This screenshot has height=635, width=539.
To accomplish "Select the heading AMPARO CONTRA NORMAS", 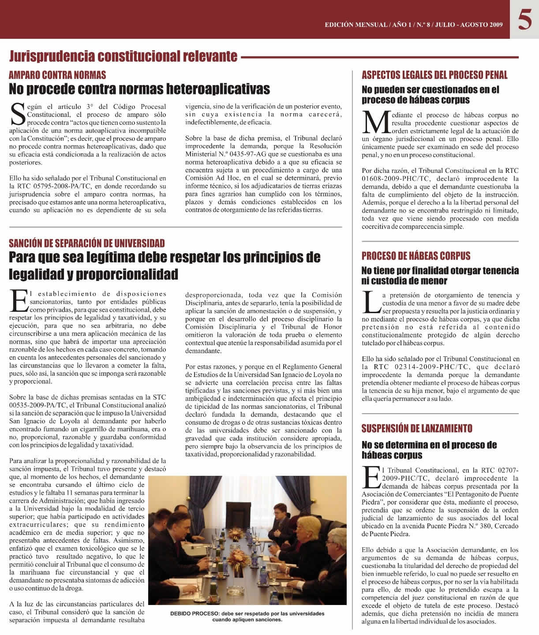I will tap(57, 75).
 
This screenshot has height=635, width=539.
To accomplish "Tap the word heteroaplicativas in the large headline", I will tap(218, 89).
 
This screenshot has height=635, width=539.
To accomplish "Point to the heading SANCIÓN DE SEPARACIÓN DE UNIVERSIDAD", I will tap(87, 243).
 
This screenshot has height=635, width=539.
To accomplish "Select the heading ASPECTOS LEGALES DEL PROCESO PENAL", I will tap(434, 75).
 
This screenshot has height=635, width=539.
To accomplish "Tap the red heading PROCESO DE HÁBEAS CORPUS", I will tap(416, 256).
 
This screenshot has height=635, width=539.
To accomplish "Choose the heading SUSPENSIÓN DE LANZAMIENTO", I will tap(417, 428).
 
